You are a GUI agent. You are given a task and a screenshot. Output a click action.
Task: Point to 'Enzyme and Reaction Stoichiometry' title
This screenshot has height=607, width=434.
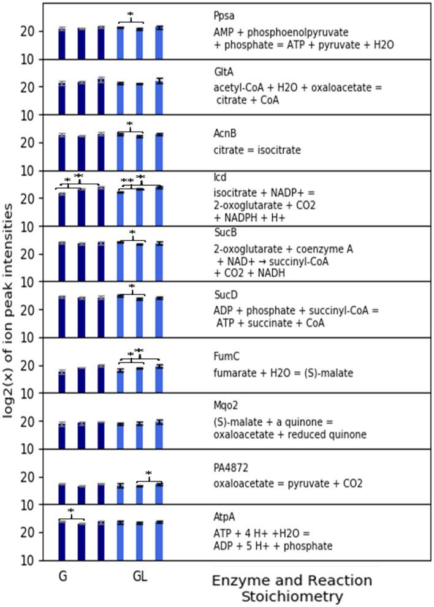coord(292,587)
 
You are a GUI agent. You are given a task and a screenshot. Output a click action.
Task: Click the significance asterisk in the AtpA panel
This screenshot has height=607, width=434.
coord(71,511)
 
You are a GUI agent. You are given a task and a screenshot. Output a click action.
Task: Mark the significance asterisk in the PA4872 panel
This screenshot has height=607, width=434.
coord(148,473)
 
